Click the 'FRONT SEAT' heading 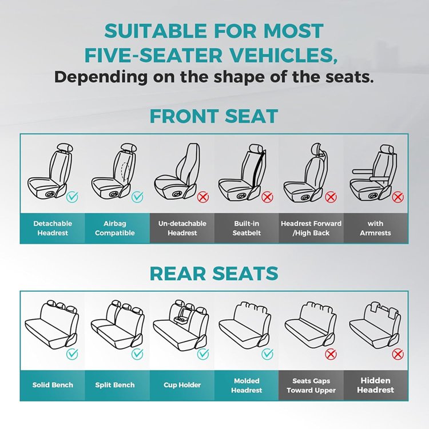pos(214,116)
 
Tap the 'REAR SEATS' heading pos(214,273)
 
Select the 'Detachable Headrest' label pos(53,228)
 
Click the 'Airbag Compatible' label pos(115,228)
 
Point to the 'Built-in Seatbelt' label pos(247,228)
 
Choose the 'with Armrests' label pos(375,228)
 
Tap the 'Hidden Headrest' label pos(375,385)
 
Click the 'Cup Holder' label pos(182,385)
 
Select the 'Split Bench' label pos(115,385)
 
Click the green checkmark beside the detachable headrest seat pos(72,196)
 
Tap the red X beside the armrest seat pos(398,197)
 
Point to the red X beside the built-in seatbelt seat pos(267,197)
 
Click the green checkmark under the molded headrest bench pos(267,354)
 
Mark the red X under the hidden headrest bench pos(398,354)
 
